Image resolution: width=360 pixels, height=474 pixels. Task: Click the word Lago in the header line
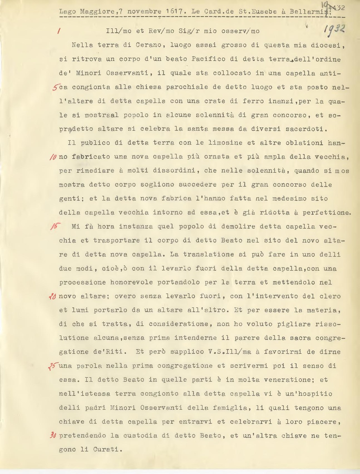67,12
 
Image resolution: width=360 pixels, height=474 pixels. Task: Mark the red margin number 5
55,87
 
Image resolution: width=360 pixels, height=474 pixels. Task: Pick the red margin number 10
53,157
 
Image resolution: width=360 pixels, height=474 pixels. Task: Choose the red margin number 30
53,436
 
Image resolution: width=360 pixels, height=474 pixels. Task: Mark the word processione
82,282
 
